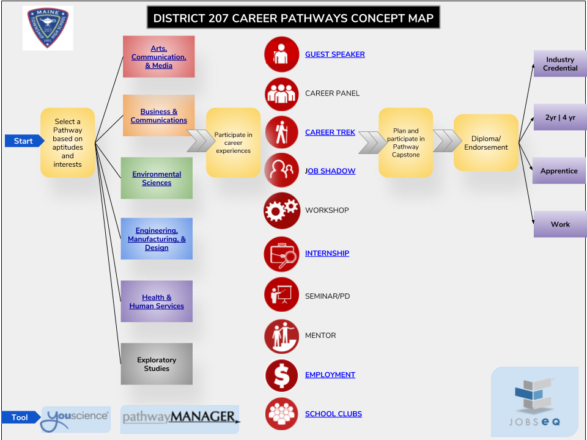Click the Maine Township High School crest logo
(x=48, y=28)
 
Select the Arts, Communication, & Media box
(x=159, y=57)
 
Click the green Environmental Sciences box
(x=157, y=178)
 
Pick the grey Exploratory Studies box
(x=157, y=364)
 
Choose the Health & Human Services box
(x=157, y=301)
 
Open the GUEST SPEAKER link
(x=334, y=54)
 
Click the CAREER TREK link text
(x=330, y=132)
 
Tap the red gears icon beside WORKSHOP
(x=282, y=210)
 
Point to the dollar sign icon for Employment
(x=281, y=375)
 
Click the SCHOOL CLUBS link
(x=333, y=414)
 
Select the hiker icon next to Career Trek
(x=282, y=133)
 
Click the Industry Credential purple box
(x=560, y=64)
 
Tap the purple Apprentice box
(x=559, y=170)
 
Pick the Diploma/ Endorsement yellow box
(x=486, y=142)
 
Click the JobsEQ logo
(x=534, y=402)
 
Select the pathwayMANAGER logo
(x=180, y=419)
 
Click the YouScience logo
(x=76, y=419)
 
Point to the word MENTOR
(x=320, y=335)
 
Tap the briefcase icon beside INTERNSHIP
(x=282, y=254)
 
